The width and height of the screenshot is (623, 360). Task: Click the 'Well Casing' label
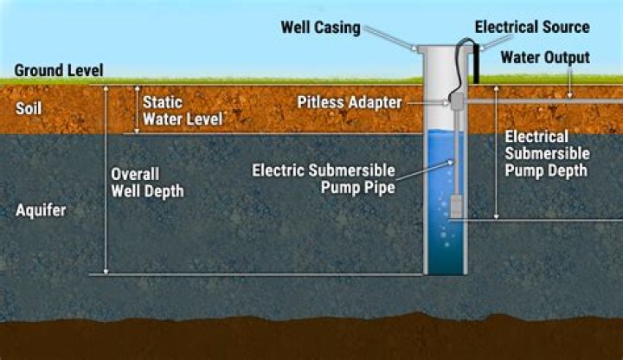point(320,28)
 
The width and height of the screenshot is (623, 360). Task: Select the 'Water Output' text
point(545,58)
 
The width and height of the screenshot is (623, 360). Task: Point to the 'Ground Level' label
point(59,70)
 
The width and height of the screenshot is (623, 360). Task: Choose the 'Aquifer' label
point(40,210)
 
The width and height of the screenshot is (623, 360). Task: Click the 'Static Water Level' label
point(182,109)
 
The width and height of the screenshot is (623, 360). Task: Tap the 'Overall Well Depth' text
point(147,182)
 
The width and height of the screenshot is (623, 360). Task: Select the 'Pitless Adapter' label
point(350,102)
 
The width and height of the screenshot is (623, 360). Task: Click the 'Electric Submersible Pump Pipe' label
point(323,177)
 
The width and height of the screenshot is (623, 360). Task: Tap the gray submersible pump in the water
point(454,204)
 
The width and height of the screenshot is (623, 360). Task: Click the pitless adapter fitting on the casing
point(456,101)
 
